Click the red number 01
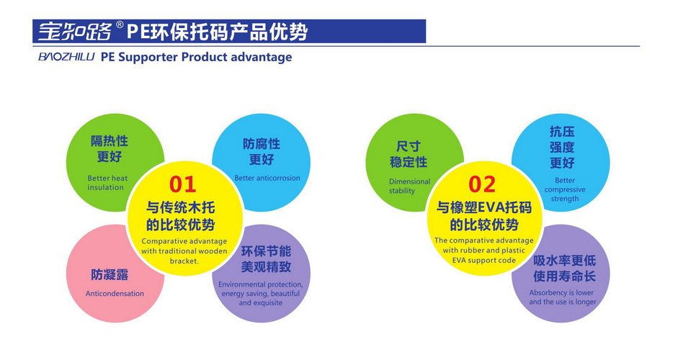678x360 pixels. coord(182,184)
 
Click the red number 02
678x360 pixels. coord(482,184)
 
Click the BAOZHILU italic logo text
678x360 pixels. coord(66,57)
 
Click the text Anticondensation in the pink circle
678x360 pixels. coord(115,294)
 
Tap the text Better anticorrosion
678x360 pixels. coord(267,178)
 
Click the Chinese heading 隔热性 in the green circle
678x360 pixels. coord(110,141)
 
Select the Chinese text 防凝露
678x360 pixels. coord(110,274)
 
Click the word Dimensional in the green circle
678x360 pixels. coord(409,181)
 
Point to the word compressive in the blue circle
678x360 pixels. coord(565,190)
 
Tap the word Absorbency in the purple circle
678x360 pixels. coord(548,292)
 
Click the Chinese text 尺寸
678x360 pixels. coord(409,146)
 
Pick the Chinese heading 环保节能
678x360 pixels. coord(266,251)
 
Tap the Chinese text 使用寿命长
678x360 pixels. coord(564,276)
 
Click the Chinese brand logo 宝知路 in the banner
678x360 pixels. coord(75,31)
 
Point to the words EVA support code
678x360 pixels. coord(484,260)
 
